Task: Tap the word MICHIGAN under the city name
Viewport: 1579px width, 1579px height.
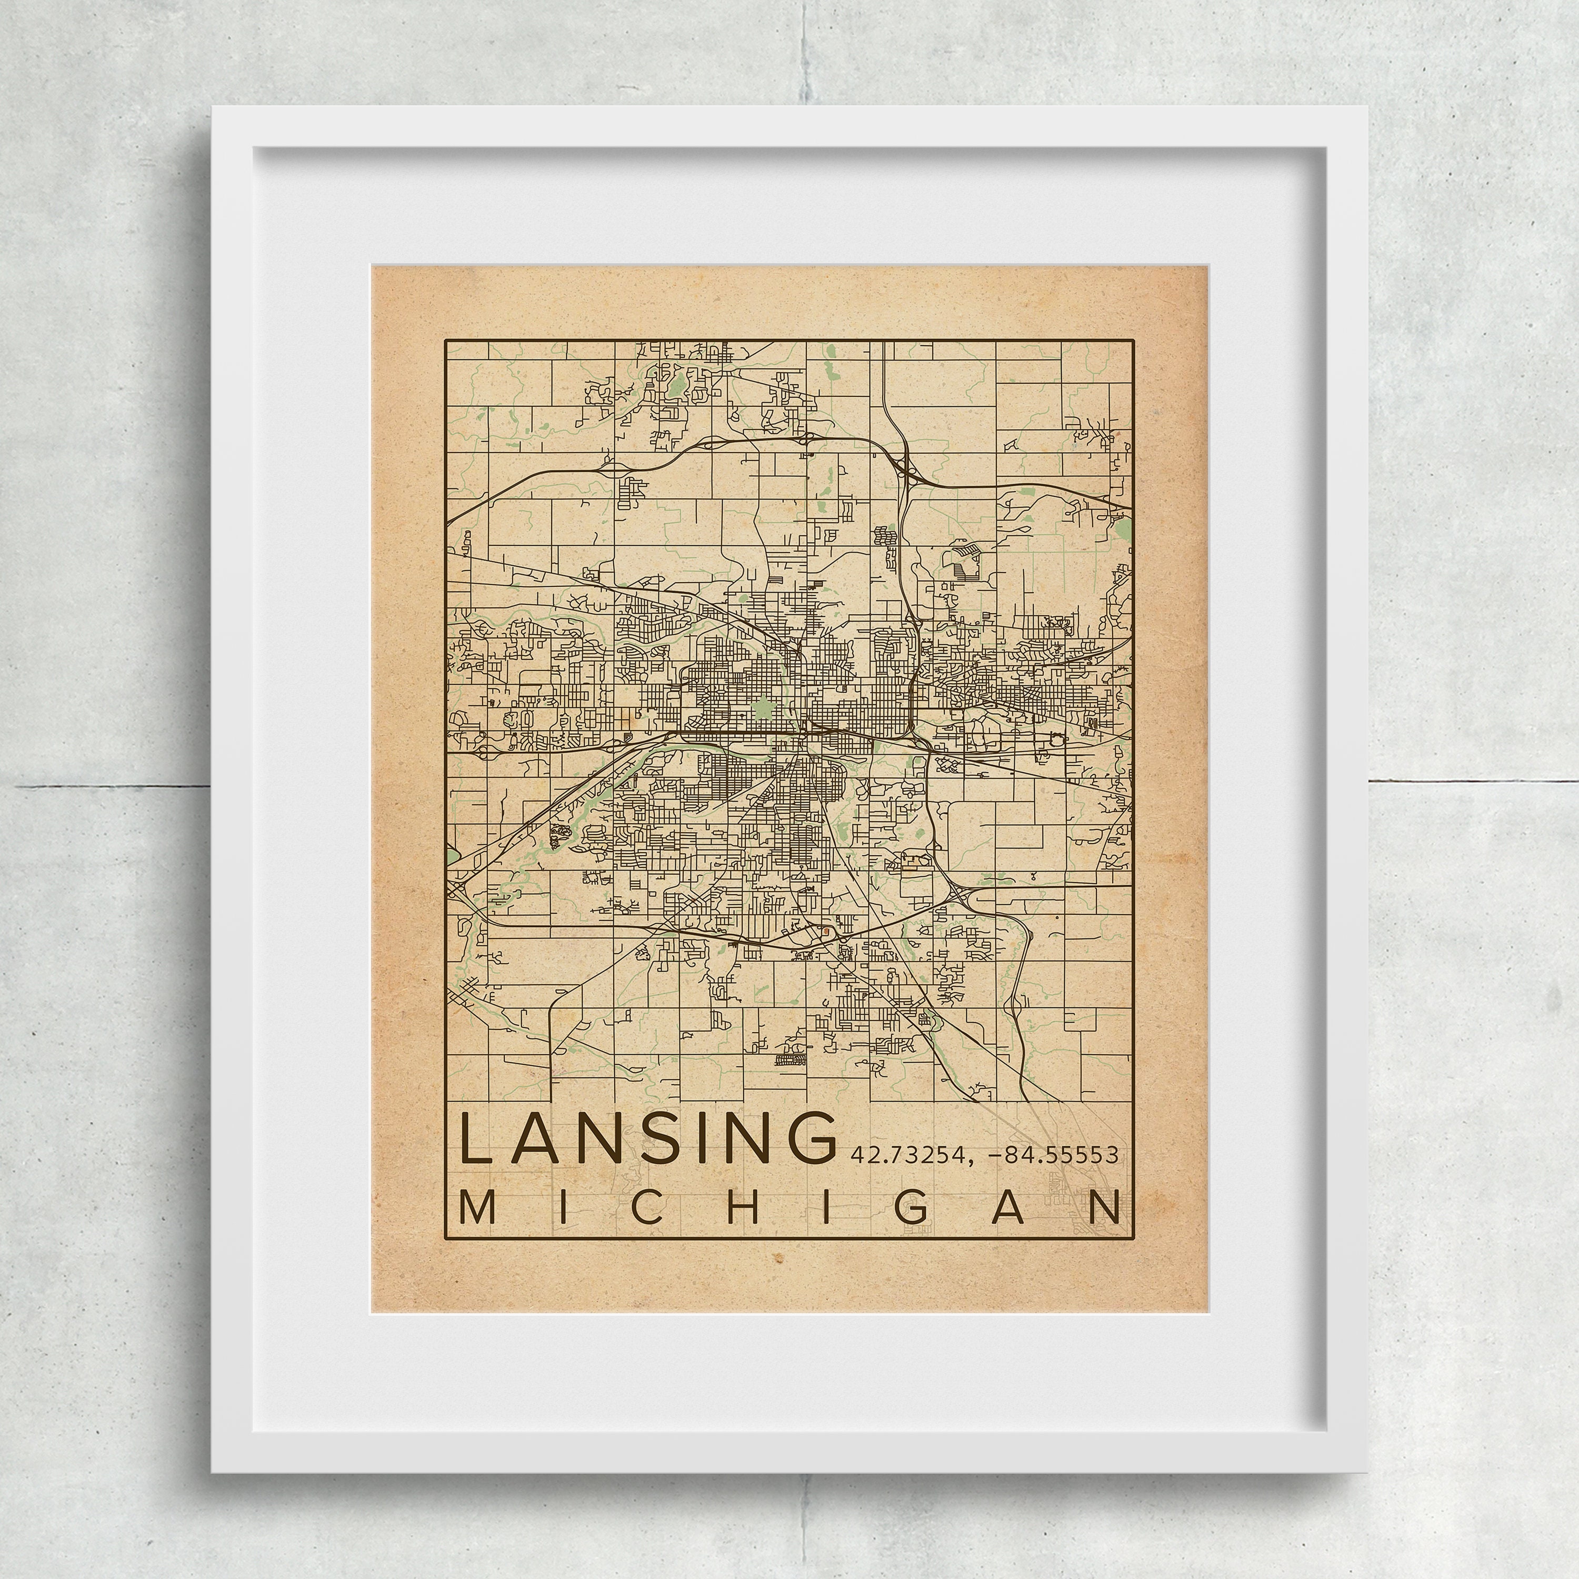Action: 789,1210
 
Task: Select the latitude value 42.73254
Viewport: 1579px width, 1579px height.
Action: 900,1155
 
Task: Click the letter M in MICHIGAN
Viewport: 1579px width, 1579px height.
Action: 479,1210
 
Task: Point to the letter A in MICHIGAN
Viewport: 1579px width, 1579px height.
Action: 1008,1210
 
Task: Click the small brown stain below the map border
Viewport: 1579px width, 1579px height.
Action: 777,1282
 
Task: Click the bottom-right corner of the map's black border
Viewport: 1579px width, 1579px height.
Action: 1134,1239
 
